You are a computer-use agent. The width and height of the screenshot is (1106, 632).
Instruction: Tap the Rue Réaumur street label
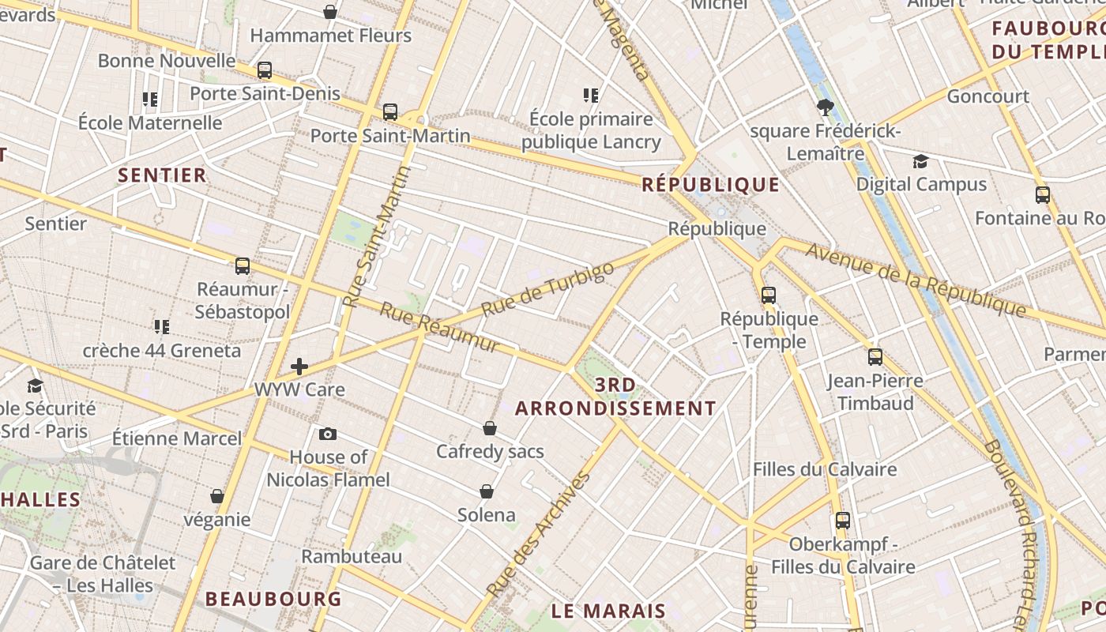(438, 327)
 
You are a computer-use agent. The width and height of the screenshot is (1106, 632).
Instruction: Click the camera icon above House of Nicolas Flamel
(328, 434)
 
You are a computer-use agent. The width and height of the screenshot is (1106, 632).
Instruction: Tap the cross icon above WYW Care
(299, 366)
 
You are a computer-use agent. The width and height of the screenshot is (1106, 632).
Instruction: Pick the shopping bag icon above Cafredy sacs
(490, 428)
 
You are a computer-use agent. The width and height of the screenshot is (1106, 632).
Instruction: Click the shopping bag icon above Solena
(487, 491)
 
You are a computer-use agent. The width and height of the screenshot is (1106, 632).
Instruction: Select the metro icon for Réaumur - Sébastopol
(243, 265)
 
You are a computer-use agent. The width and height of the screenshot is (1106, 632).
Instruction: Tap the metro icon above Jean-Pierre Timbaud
(875, 356)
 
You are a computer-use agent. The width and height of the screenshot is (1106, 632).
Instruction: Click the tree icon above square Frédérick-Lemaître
(826, 107)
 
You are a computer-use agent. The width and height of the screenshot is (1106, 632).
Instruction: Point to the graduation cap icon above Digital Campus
(920, 162)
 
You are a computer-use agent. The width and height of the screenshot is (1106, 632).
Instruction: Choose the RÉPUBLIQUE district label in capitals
(710, 185)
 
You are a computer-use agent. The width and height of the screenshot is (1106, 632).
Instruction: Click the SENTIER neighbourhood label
(162, 175)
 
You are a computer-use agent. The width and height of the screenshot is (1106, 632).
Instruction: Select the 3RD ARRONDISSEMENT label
(615, 397)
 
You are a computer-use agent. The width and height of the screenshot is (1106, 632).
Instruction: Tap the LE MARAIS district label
(608, 611)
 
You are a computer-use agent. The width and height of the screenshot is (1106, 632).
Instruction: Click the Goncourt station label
(987, 96)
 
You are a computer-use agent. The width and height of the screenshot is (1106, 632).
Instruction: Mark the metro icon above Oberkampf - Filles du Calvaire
(843, 521)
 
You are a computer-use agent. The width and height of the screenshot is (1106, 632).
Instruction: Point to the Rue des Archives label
(539, 534)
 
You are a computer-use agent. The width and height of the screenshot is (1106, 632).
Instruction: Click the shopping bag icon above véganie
(217, 496)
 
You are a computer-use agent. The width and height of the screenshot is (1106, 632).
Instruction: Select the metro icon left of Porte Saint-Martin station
(389, 111)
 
